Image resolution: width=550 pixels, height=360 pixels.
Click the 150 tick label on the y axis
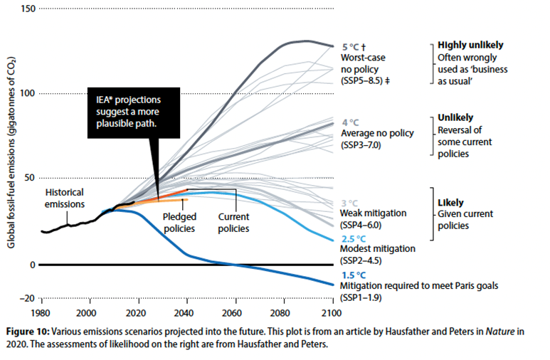coord(28,9)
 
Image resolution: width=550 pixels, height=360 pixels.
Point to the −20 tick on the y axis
coord(27,299)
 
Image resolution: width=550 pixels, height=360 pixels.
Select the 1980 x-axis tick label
coord(41,313)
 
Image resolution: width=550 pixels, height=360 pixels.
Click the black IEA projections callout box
coord(134,112)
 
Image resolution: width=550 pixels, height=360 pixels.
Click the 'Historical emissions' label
coord(65,198)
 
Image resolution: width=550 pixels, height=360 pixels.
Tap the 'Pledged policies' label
coord(179,223)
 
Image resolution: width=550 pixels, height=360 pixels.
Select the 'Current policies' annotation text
coord(233,223)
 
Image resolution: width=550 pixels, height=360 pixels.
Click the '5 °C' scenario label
coord(351,47)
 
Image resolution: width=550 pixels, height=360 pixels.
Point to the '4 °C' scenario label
coord(351,123)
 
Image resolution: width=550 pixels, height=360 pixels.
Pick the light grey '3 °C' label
coord(350,203)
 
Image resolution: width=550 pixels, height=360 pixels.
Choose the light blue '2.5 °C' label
coord(354,239)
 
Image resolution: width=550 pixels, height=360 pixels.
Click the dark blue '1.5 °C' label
coord(354,275)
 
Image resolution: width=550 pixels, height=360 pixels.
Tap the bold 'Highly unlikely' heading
coord(470,46)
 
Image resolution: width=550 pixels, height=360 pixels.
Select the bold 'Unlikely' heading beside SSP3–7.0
coord(455,117)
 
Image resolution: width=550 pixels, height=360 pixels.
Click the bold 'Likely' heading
coord(450,203)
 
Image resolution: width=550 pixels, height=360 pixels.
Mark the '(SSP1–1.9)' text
coord(361,298)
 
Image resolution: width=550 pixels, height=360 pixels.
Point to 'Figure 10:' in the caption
coord(28,332)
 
